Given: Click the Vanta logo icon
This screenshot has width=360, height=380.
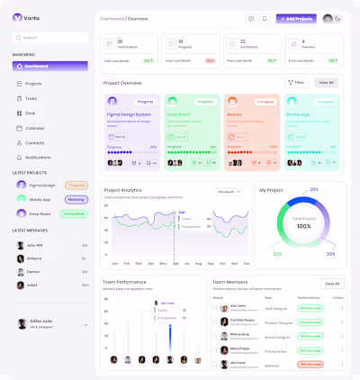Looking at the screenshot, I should click(17, 17).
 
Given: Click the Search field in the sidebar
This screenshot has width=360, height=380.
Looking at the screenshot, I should click(49, 38).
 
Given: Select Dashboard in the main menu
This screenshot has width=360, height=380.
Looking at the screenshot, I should click(49, 66).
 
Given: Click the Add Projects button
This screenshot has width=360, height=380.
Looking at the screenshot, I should click(295, 18).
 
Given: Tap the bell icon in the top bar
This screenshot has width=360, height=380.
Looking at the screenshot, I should click(265, 18).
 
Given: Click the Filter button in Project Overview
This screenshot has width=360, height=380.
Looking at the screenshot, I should click(296, 82).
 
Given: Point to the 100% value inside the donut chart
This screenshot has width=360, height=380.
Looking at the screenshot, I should click(302, 226).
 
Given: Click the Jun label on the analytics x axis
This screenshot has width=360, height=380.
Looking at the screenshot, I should click(175, 264).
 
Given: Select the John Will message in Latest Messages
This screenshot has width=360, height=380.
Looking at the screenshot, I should click(35, 245).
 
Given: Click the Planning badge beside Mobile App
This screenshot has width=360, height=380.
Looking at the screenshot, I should click(75, 199).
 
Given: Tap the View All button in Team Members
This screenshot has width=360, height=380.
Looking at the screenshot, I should click(332, 284).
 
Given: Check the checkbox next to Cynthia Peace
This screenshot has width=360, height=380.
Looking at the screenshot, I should click(215, 321).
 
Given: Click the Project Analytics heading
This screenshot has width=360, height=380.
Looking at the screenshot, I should click(123, 190).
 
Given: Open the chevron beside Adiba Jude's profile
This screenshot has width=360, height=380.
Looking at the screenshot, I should click(85, 324).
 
